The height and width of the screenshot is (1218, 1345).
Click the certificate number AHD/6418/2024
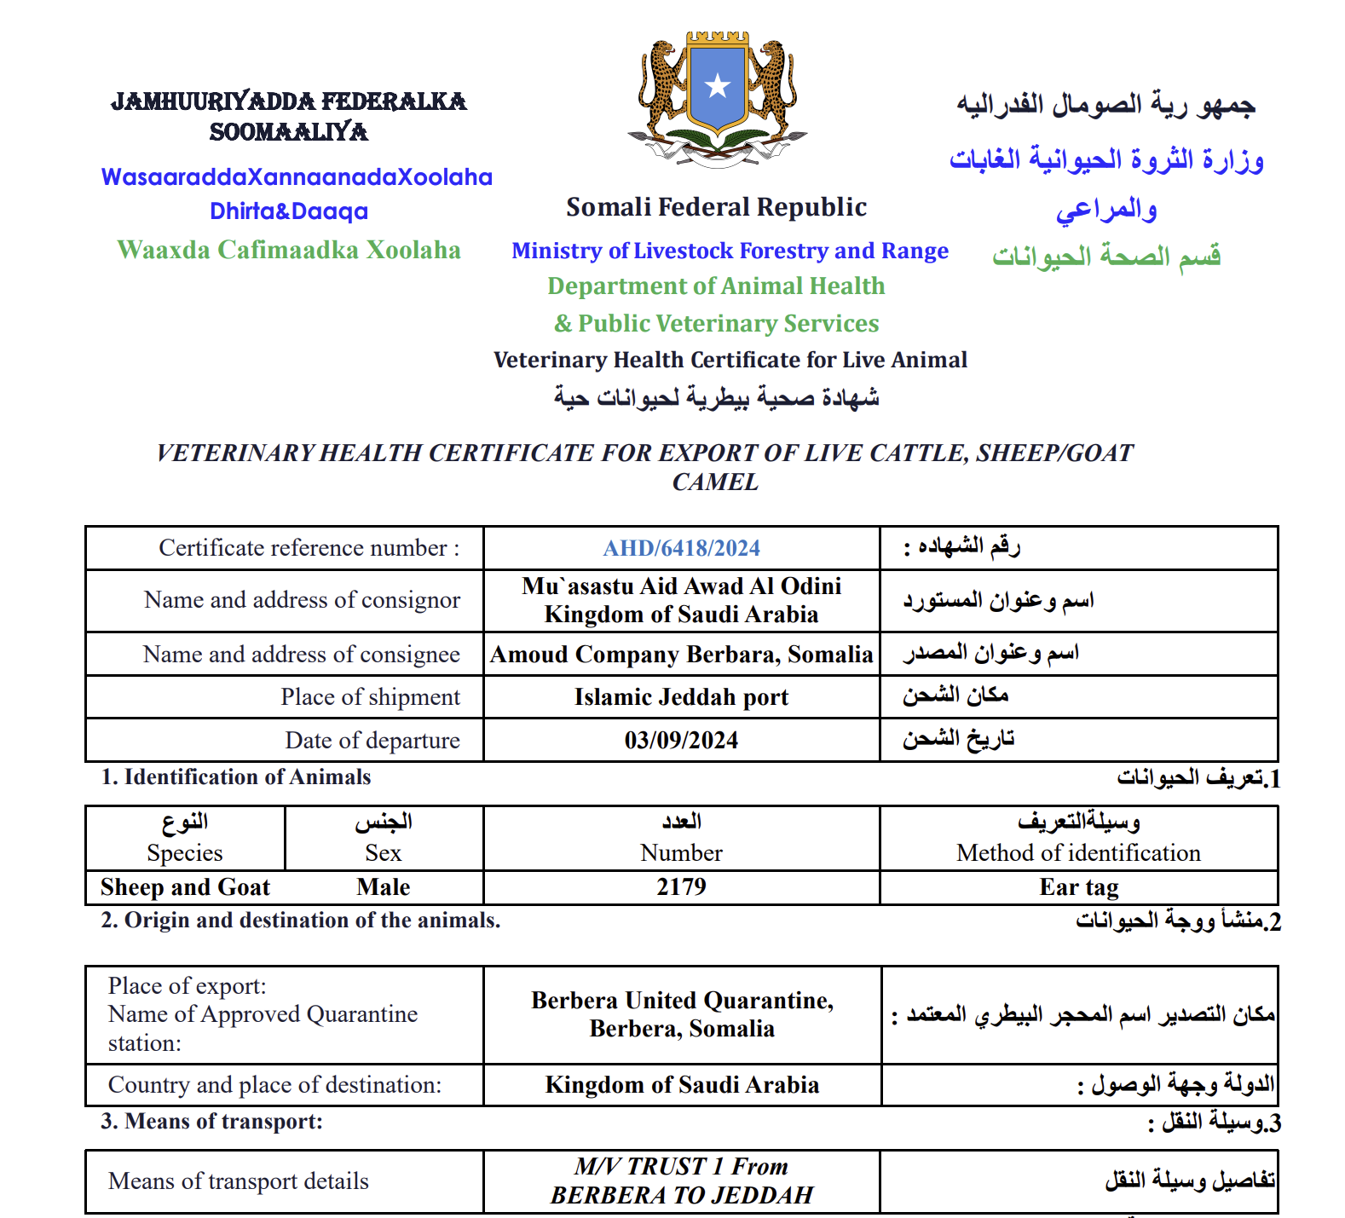coord(681,548)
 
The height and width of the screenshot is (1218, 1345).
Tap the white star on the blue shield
coord(718,86)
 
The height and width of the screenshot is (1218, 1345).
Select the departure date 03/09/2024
coord(681,740)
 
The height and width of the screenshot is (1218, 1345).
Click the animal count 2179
coord(681,886)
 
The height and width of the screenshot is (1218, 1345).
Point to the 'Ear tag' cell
coord(1078,887)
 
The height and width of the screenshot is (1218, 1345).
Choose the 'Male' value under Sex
coord(384,887)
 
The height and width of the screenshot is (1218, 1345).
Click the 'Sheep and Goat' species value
coord(185,887)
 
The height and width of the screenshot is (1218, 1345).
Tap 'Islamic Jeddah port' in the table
coord(681,697)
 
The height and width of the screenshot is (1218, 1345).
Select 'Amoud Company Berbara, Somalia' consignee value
coord(681,655)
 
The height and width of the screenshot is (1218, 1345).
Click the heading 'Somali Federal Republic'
coord(716,207)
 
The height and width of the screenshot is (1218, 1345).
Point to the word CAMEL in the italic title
coord(715,482)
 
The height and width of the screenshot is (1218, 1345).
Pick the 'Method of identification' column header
coord(1078,852)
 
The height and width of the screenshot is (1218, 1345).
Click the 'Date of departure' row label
coord(372,740)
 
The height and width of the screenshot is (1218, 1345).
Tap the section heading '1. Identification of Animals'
coord(236,776)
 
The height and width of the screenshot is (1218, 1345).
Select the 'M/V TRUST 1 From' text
coord(681,1166)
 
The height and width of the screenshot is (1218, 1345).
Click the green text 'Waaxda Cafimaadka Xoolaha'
coord(289,250)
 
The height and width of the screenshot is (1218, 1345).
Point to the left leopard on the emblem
coord(662,85)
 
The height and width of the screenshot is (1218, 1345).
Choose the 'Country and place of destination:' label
coord(274,1085)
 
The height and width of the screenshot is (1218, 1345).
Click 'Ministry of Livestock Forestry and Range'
coord(730,251)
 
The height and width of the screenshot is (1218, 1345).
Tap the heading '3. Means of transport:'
coord(212,1121)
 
